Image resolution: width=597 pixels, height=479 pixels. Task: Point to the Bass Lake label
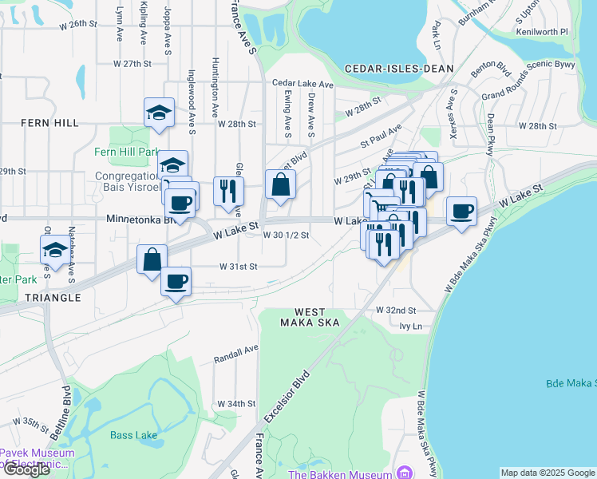coord(133,435)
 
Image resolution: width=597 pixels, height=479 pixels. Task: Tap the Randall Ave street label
coord(236,354)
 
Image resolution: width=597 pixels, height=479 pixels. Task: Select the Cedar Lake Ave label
coord(302,83)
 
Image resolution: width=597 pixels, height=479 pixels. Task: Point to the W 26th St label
coord(81,24)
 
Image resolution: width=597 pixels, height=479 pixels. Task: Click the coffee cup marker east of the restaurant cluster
coord(461,212)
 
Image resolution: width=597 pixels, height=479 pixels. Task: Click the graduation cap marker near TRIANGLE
coord(54,249)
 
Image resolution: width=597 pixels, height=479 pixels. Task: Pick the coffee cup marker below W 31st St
coord(176,281)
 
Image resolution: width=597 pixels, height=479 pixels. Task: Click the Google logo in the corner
coord(26,469)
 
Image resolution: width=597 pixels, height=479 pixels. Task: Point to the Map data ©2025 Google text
coord(548,473)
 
